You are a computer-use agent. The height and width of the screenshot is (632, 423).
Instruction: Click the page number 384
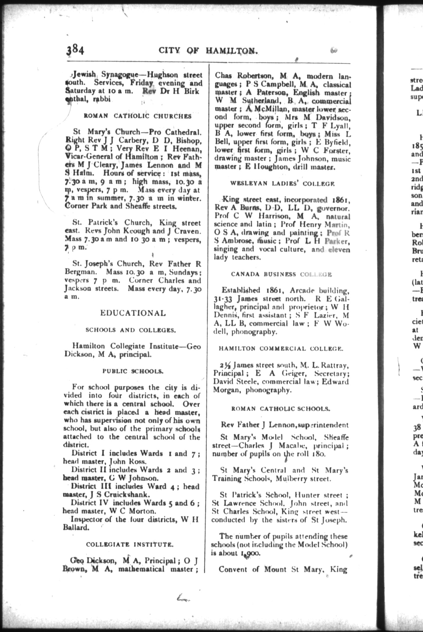click(75, 50)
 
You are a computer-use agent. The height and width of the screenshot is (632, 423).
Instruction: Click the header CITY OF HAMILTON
click(208, 51)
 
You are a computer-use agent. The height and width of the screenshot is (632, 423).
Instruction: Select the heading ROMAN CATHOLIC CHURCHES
click(138, 116)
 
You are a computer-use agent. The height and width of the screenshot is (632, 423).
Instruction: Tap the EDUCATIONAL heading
click(133, 313)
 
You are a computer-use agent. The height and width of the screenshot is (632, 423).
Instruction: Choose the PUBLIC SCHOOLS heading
click(133, 371)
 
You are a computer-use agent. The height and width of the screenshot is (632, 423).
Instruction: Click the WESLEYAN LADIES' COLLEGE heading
click(282, 184)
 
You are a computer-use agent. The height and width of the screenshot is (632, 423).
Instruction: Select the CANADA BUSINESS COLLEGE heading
click(281, 274)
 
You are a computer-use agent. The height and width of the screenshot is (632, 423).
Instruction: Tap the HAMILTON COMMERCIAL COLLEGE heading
click(281, 349)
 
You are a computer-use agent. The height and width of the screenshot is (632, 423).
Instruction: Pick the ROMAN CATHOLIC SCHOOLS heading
click(281, 409)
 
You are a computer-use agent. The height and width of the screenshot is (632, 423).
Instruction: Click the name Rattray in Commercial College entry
click(336, 365)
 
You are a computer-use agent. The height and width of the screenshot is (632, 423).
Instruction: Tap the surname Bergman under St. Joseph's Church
click(80, 272)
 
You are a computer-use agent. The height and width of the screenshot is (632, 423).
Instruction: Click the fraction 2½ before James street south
click(225, 365)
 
